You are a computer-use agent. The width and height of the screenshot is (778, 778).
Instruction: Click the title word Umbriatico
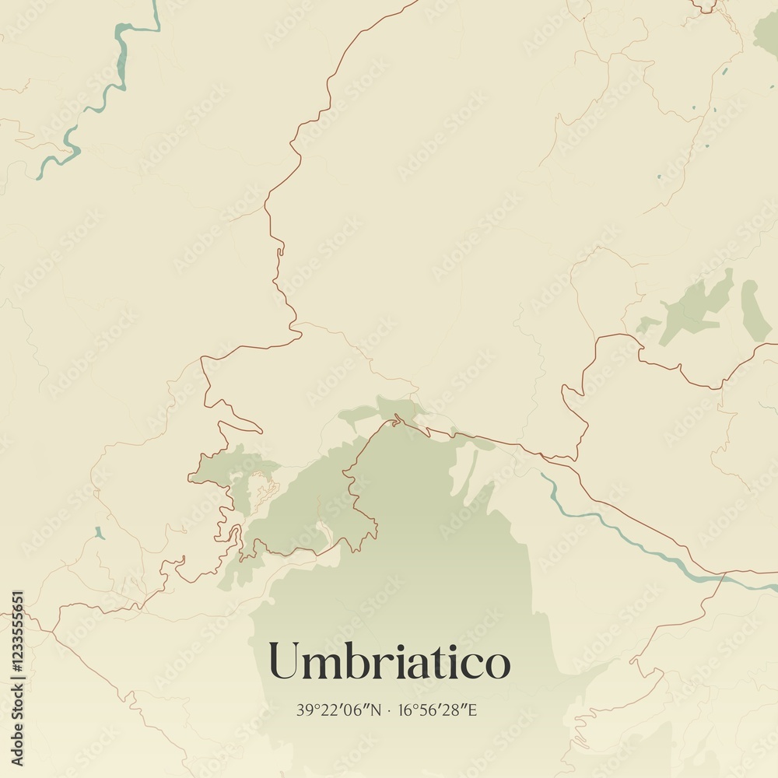[389, 662]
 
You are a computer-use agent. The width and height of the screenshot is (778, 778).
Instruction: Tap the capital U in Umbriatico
[285, 662]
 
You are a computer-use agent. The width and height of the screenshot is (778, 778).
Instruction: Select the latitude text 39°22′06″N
[339, 710]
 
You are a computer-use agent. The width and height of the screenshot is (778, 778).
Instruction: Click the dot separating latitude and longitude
[391, 710]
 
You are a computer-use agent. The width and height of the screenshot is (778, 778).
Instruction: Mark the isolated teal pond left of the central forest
[99, 533]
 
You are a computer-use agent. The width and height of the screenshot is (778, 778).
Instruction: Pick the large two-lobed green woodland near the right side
[696, 307]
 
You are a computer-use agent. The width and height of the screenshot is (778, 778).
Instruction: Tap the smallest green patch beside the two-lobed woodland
[646, 324]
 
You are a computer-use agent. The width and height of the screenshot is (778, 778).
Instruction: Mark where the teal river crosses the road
[724, 576]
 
